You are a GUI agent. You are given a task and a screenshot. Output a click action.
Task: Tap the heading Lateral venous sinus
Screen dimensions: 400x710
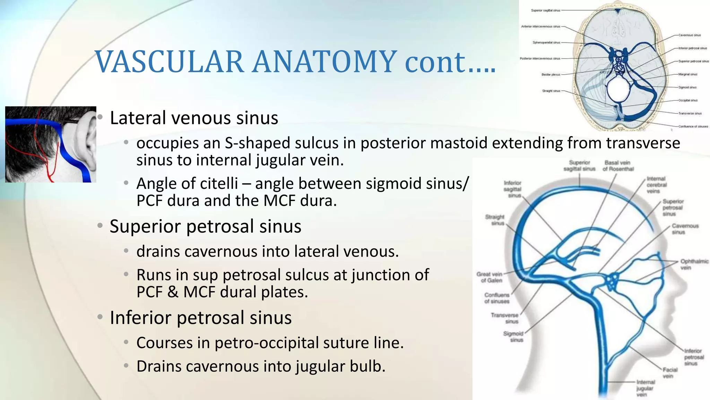coord(194,118)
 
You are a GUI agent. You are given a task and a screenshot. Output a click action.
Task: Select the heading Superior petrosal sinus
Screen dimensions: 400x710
coord(205,226)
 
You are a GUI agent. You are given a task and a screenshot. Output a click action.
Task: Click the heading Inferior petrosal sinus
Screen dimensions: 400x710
coord(200,318)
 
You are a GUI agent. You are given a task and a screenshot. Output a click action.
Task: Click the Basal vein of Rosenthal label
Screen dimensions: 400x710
coord(618,166)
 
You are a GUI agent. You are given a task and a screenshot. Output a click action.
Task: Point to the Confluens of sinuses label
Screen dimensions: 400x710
coord(496,298)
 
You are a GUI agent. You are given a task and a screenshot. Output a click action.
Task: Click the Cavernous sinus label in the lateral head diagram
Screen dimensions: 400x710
coord(685,228)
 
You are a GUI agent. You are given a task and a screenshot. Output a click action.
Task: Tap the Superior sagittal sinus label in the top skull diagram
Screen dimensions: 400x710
coord(545,10)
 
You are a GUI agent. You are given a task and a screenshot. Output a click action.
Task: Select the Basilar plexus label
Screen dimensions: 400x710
coord(551,75)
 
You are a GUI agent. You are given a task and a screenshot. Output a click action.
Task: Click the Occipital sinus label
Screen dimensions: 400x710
coord(688,100)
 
